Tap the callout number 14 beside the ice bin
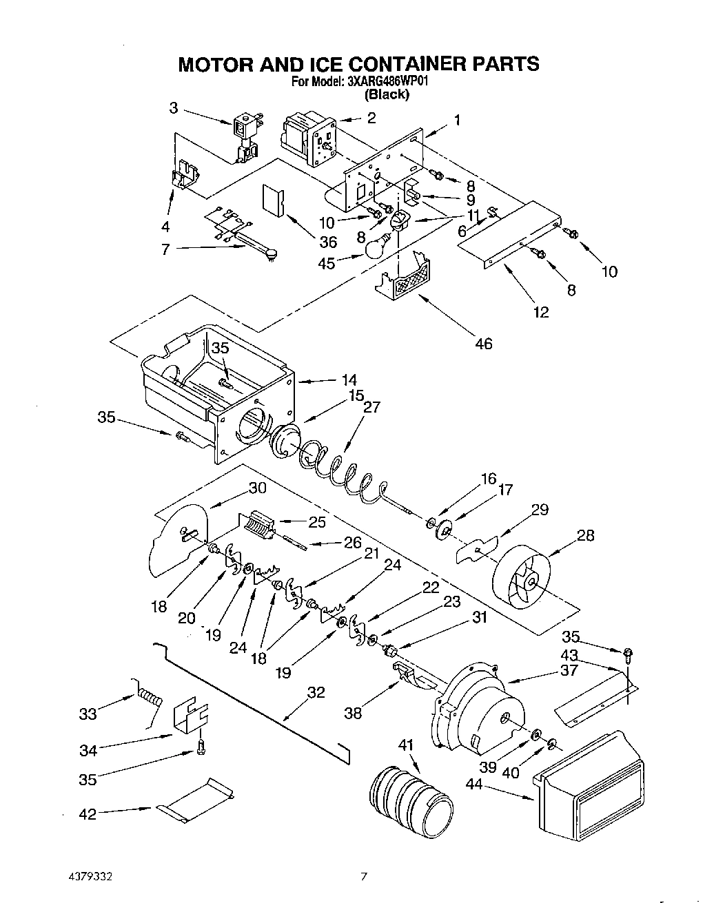pyautogui.click(x=349, y=380)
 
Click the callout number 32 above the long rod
pyautogui.click(x=316, y=692)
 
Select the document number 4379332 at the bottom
pyautogui.click(x=85, y=877)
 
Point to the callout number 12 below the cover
pyautogui.click(x=541, y=312)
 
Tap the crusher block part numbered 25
pyautogui.click(x=261, y=528)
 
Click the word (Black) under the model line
pyautogui.click(x=387, y=94)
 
